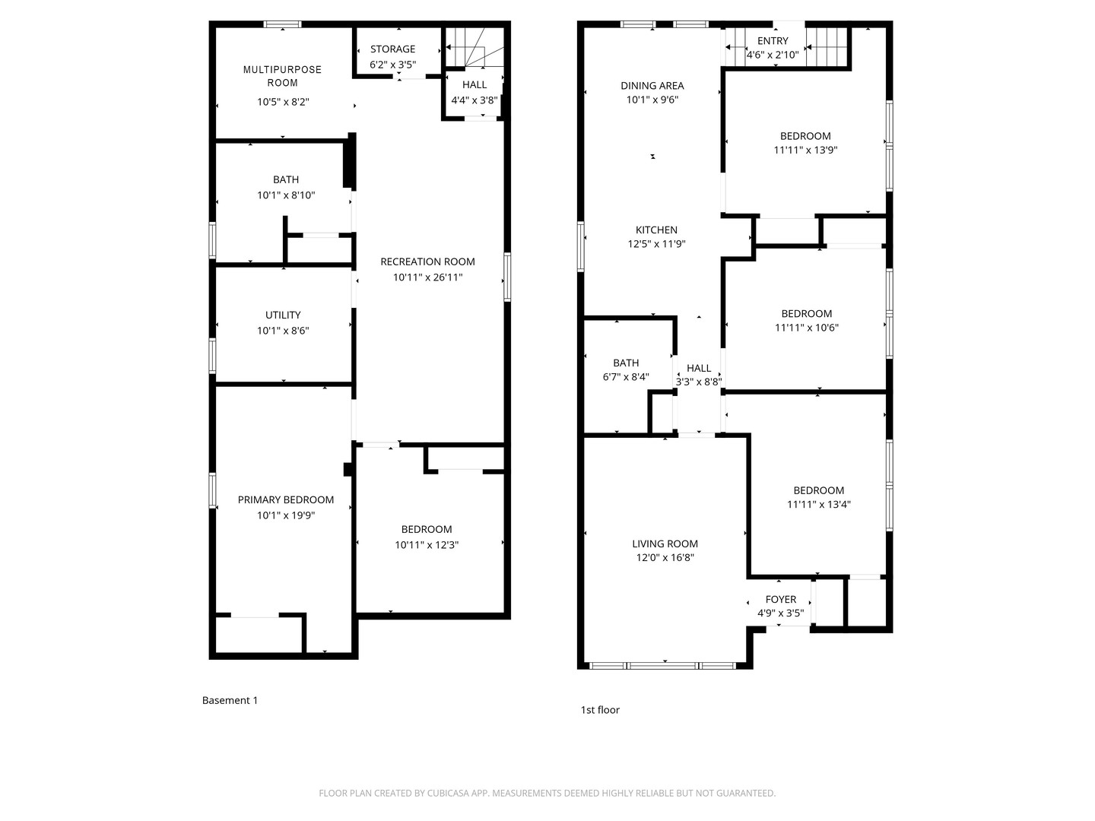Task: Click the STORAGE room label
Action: [x=392, y=49]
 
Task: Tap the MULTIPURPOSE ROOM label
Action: [x=282, y=76]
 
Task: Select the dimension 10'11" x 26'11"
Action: [x=427, y=277]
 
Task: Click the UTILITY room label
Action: [x=283, y=315]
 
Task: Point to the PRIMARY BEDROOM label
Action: [x=286, y=499]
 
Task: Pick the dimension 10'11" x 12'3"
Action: [x=427, y=545]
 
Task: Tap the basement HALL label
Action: [x=474, y=85]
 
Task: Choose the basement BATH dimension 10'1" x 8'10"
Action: [x=286, y=195]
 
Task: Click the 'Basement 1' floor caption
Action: [x=230, y=700]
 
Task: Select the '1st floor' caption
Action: [x=600, y=710]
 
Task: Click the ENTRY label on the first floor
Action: [x=773, y=41]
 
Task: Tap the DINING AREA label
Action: [x=652, y=86]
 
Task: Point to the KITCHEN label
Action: [x=656, y=230]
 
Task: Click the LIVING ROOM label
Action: [x=665, y=544]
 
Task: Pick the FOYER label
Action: [x=781, y=600]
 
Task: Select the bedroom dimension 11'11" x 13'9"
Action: [x=805, y=151]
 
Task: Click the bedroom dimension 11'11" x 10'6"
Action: [x=806, y=328]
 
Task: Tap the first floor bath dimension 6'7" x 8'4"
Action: [x=626, y=377]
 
